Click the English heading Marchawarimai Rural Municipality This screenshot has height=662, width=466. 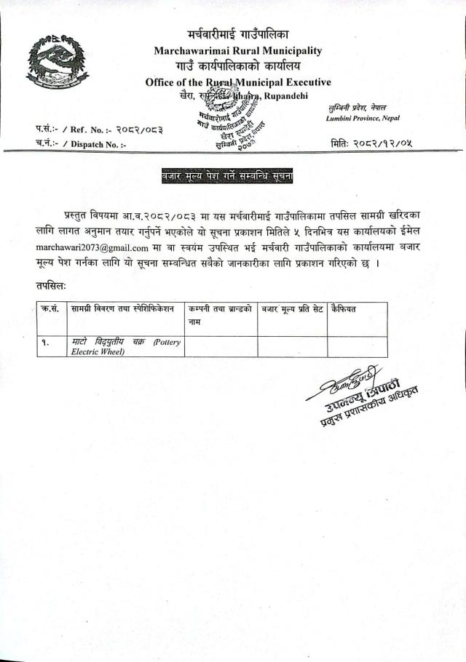(x=237, y=51)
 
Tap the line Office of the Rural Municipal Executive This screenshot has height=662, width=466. (x=238, y=82)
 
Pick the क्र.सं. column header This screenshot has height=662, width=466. (x=50, y=309)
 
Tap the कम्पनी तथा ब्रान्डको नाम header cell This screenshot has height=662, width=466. (x=220, y=314)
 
